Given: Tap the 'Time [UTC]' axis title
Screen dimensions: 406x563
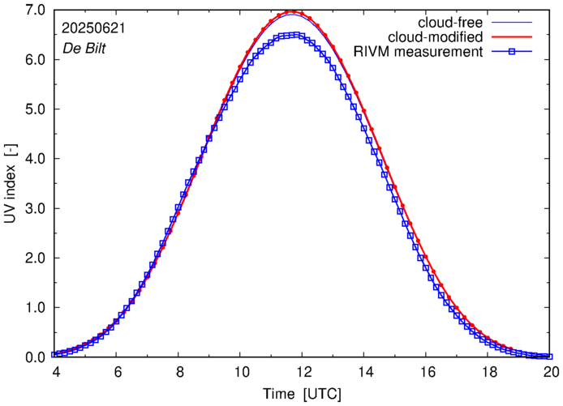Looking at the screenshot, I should tap(302, 394).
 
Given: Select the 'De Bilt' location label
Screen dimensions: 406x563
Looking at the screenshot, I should tap(84, 49).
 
